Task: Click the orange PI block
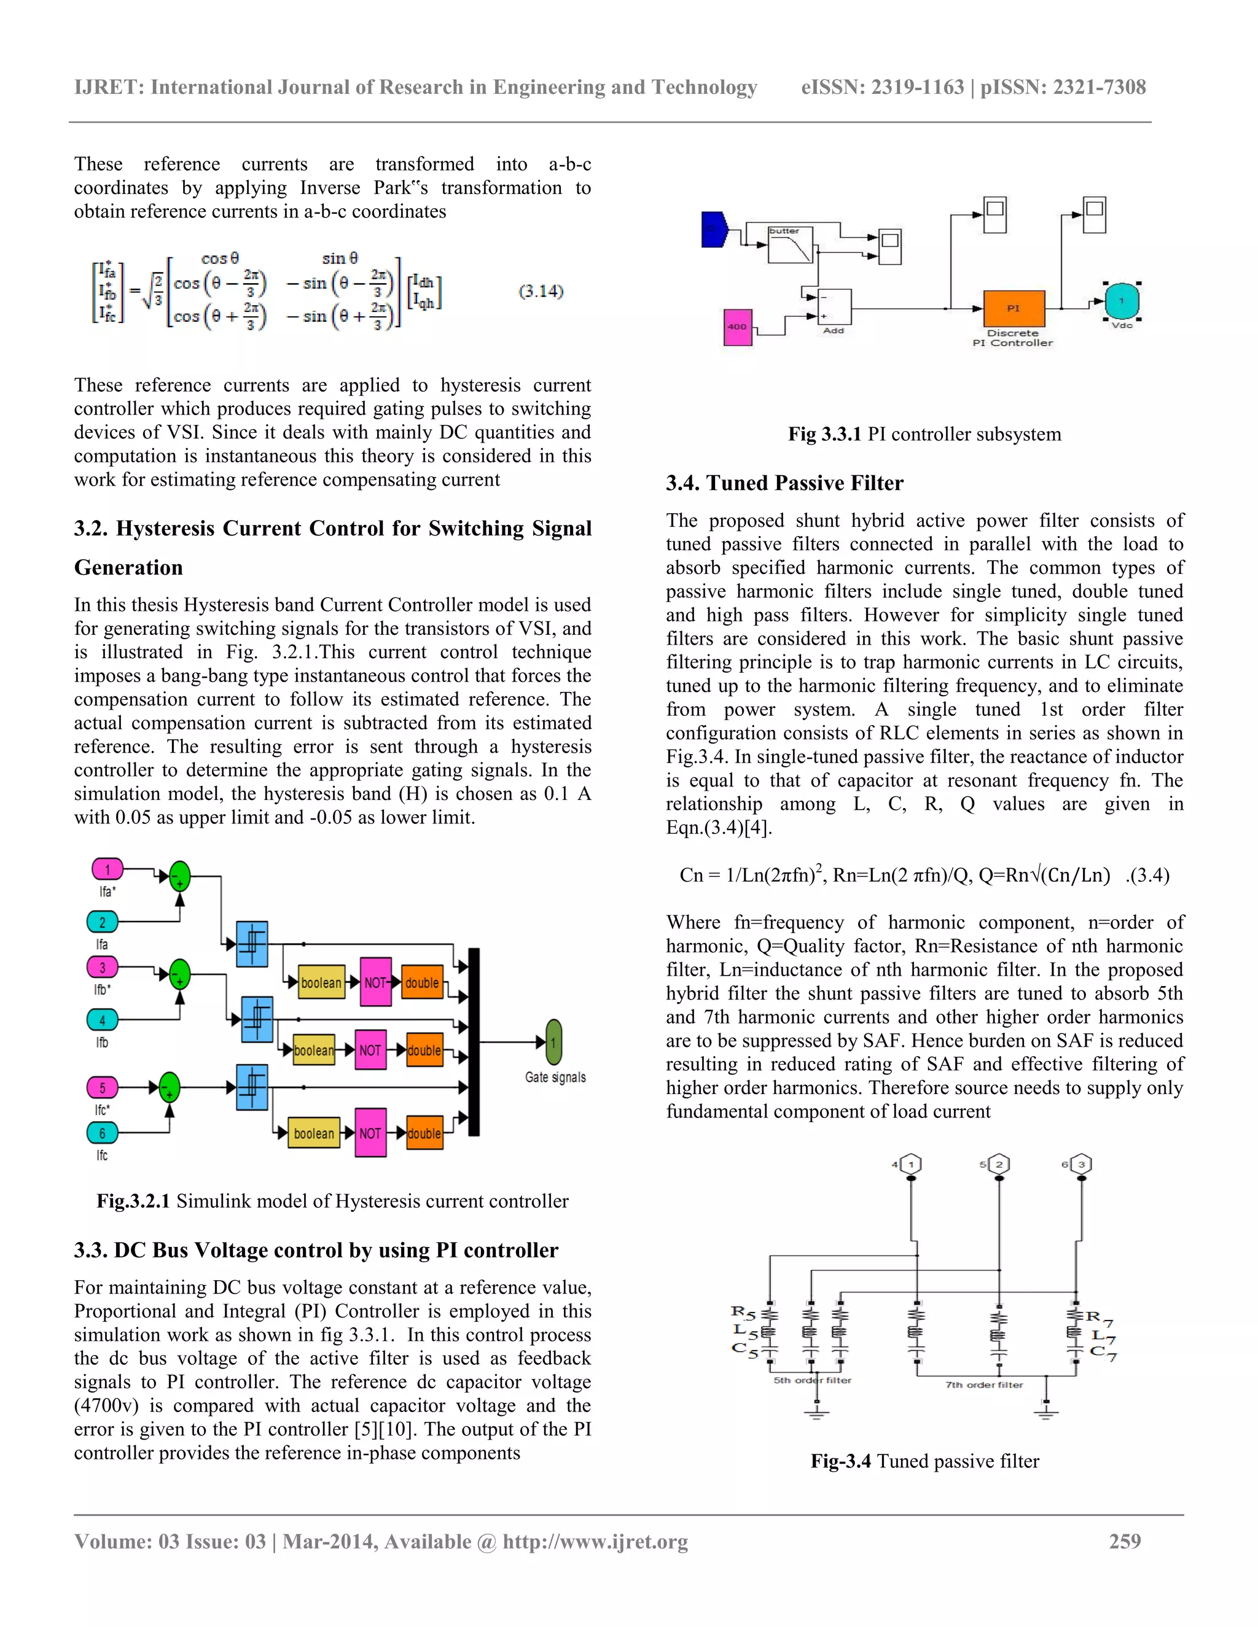tap(1014, 308)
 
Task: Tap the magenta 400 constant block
tap(737, 327)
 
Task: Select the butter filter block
tap(790, 245)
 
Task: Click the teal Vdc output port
tap(1121, 301)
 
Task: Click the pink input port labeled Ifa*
tap(107, 869)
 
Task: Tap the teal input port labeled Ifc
tap(102, 1133)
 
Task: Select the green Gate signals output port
tap(553, 1043)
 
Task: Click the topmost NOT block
tap(375, 982)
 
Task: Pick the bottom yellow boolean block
tap(313, 1133)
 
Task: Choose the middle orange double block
tap(424, 1050)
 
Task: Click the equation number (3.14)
tap(541, 291)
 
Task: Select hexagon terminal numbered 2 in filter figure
tap(999, 1164)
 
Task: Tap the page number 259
tap(1125, 1541)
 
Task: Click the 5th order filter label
tap(811, 1380)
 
